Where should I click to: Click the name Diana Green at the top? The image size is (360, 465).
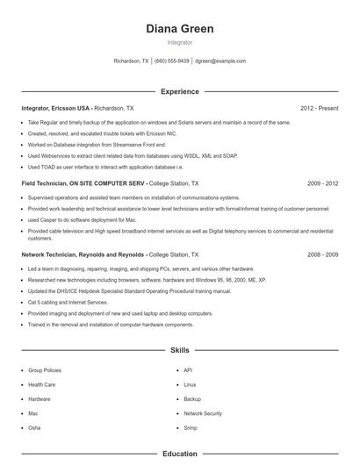click(180, 28)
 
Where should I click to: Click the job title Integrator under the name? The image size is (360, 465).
click(180, 42)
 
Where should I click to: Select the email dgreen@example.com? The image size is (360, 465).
click(220, 61)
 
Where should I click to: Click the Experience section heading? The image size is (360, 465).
click(180, 91)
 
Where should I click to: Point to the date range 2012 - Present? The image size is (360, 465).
click(319, 108)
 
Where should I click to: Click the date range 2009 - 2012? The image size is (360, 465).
click(322, 183)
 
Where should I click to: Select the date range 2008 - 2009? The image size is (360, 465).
click(322, 254)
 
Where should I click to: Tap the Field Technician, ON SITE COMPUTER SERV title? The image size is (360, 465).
click(83, 183)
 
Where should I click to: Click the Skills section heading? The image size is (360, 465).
click(180, 350)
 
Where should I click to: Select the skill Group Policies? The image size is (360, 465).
click(45, 370)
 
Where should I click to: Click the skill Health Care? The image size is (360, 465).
click(42, 384)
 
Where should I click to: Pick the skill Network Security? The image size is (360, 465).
click(203, 412)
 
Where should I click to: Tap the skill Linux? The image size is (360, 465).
click(190, 384)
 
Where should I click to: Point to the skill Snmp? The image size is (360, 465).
click(191, 427)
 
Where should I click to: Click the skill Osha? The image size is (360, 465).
click(34, 427)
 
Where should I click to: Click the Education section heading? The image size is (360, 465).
click(180, 454)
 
